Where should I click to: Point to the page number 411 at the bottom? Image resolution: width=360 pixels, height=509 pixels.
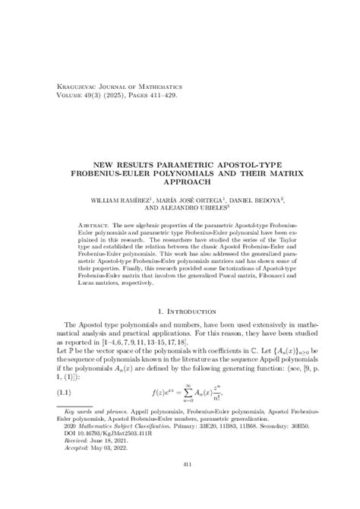coord(180,485)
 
